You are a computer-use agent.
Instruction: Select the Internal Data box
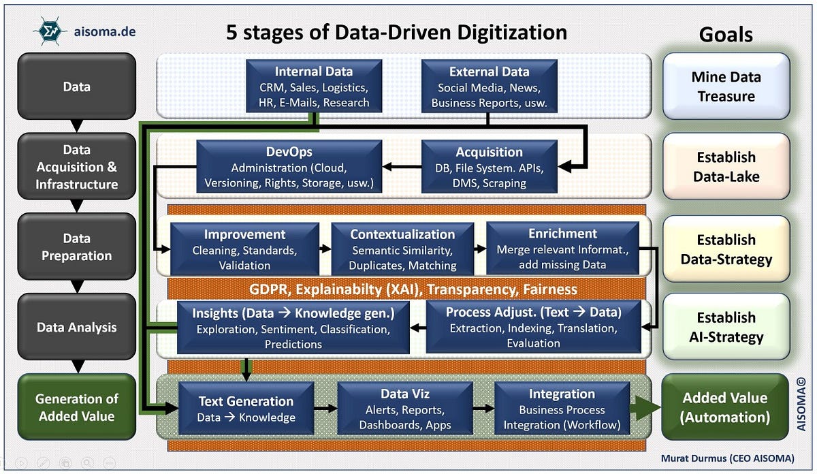pyautogui.click(x=314, y=86)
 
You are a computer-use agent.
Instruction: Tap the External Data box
pyautogui.click(x=489, y=86)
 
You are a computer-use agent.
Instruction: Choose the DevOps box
pyautogui.click(x=289, y=167)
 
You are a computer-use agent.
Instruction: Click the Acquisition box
pyautogui.click(x=489, y=167)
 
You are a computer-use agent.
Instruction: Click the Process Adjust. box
pyautogui.click(x=533, y=327)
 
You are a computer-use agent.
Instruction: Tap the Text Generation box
pyautogui.click(x=246, y=408)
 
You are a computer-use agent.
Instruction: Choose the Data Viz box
pyautogui.click(x=404, y=408)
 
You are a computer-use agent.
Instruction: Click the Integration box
pyautogui.click(x=562, y=408)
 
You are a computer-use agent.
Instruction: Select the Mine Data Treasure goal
pyautogui.click(x=726, y=86)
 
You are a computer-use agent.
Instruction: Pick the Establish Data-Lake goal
pyautogui.click(x=726, y=167)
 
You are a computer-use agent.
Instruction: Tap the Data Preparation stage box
pyautogui.click(x=76, y=247)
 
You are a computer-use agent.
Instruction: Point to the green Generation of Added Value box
pyautogui.click(x=76, y=407)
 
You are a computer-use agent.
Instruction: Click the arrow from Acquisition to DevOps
pyautogui.click(x=402, y=166)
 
